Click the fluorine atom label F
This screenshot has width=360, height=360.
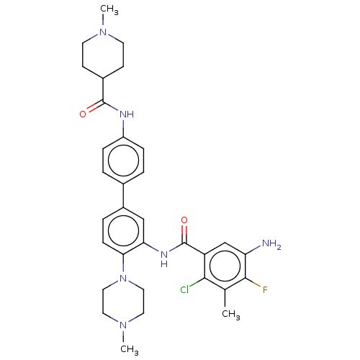[x=265, y=290]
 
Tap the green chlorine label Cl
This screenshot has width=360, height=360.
[x=184, y=290]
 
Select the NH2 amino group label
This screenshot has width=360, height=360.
[x=271, y=244]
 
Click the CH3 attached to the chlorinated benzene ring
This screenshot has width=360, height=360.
[x=231, y=315]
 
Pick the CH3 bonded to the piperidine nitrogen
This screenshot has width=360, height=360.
[x=109, y=9]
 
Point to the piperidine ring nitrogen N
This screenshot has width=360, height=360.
[x=103, y=32]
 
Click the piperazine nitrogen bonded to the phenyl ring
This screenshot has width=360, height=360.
[x=123, y=279]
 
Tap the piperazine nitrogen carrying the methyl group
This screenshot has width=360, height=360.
[x=123, y=325]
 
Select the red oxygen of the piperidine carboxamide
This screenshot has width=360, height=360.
[x=83, y=114]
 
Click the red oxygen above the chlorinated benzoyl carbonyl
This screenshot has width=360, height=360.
[x=184, y=220]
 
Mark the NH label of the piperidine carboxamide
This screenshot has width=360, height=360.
[x=127, y=114]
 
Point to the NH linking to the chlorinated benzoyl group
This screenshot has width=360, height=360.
[x=164, y=259]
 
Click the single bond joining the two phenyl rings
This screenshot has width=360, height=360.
[x=123, y=196]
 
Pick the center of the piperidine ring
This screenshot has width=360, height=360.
[x=103, y=55]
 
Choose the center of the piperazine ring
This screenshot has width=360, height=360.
[x=123, y=302]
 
